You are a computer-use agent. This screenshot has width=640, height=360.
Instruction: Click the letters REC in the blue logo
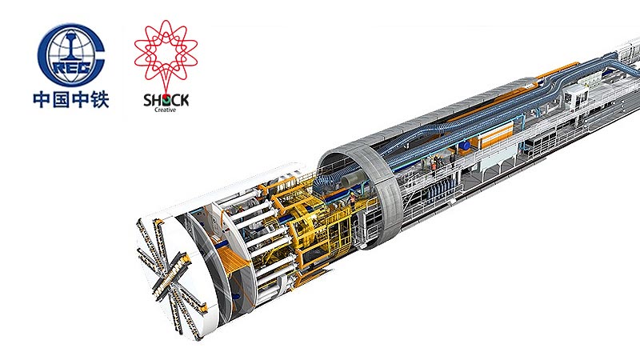tap(72, 67)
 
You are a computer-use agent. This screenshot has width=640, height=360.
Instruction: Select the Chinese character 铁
tap(99, 99)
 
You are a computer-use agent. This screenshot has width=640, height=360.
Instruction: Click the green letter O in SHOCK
tap(166, 100)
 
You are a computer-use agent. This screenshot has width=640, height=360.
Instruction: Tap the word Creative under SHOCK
tap(166, 110)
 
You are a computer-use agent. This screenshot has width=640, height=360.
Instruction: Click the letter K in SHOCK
tap(184, 100)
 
